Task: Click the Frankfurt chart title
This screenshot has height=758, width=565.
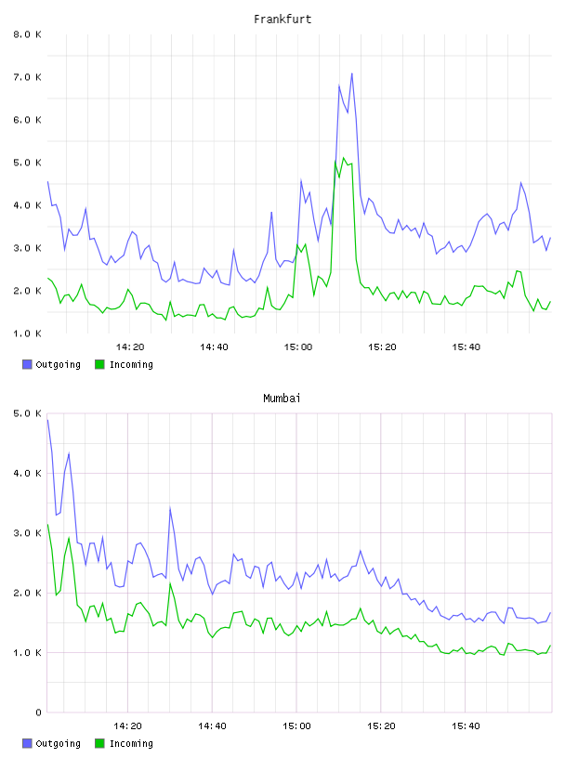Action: (x=282, y=20)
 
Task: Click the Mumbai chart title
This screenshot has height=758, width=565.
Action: (x=282, y=399)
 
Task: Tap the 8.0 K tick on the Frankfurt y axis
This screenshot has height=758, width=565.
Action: (x=27, y=34)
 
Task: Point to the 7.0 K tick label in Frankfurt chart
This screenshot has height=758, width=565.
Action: (x=27, y=77)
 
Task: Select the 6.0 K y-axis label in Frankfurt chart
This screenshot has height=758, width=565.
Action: (x=27, y=120)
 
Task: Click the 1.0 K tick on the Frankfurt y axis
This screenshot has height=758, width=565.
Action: (x=27, y=333)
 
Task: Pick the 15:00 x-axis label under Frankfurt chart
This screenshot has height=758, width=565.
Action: (x=298, y=347)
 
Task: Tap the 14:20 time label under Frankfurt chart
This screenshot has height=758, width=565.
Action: (x=130, y=347)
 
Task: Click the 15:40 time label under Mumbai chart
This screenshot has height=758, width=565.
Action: (x=466, y=726)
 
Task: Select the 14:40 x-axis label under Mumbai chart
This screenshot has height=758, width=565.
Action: (x=213, y=726)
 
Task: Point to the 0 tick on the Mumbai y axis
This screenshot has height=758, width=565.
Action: (x=38, y=712)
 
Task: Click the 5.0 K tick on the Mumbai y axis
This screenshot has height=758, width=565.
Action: (x=27, y=413)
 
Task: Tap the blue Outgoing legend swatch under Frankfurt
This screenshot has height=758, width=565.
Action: (x=27, y=364)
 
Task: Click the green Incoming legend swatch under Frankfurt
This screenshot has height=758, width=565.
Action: (x=99, y=364)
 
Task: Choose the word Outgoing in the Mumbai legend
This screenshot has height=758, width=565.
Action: (x=58, y=743)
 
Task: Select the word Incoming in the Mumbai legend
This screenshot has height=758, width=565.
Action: (x=131, y=743)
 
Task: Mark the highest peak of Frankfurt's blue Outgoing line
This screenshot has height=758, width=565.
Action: (x=351, y=73)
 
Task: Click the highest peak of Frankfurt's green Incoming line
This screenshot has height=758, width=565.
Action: (x=344, y=158)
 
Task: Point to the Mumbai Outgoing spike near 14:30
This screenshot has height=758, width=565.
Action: (x=170, y=507)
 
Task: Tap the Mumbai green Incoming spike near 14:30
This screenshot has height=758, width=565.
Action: (x=170, y=583)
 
